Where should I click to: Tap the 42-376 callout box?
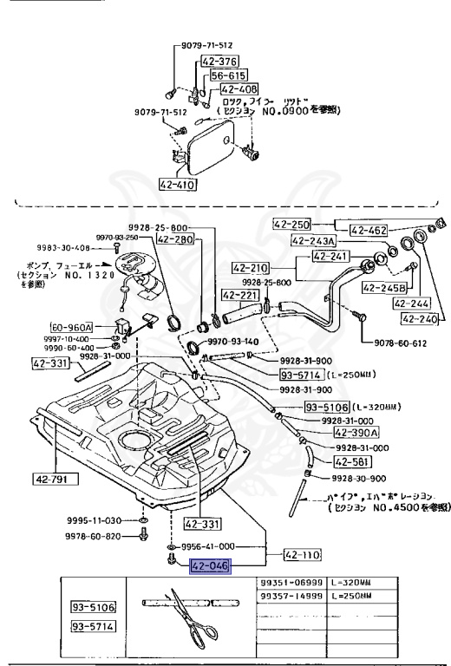[x=219, y=62]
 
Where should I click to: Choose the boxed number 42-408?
[x=239, y=88]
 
